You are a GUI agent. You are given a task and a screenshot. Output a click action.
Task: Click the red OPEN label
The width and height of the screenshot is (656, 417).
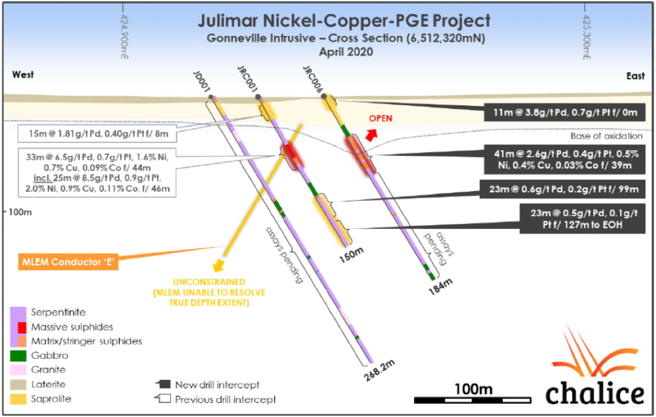pos(381,119)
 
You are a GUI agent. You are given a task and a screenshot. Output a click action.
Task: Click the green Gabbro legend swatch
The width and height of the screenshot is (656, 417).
pos(19,355)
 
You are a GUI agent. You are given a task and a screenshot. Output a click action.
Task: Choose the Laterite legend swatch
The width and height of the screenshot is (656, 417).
pos(19,384)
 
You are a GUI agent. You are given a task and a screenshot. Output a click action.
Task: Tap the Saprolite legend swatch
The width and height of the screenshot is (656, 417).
pos(19,398)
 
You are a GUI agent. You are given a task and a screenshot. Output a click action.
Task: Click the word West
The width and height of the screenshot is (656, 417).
pos(23,75)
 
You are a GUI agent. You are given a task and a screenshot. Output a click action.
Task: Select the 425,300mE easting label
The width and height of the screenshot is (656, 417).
pos(586,37)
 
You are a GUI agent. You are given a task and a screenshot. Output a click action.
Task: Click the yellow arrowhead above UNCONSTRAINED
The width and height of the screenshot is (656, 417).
pos(219,266)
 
